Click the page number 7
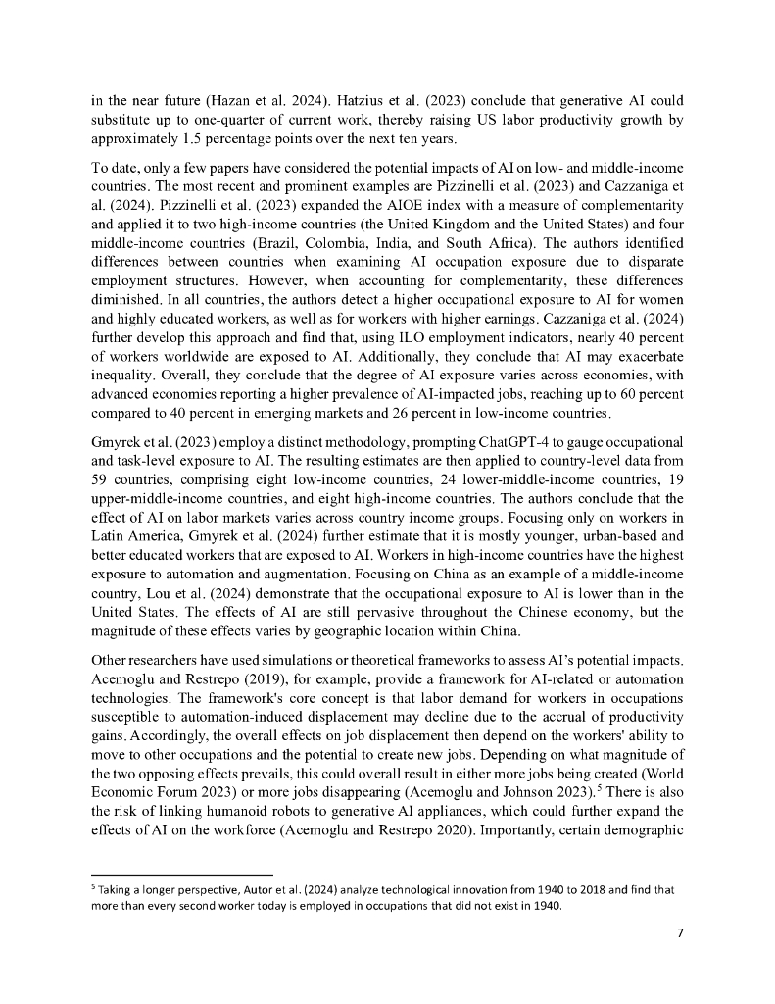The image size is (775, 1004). click(680, 931)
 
